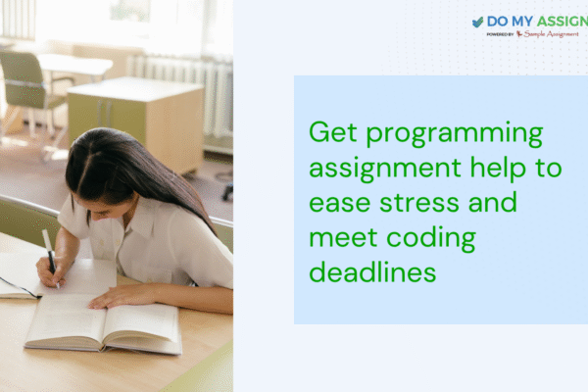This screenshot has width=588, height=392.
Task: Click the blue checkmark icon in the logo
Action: coord(477,22)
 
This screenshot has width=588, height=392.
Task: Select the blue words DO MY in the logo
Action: coord(514,22)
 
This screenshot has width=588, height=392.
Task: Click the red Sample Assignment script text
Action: coord(551,33)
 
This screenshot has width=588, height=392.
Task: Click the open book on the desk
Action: coord(103,323)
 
